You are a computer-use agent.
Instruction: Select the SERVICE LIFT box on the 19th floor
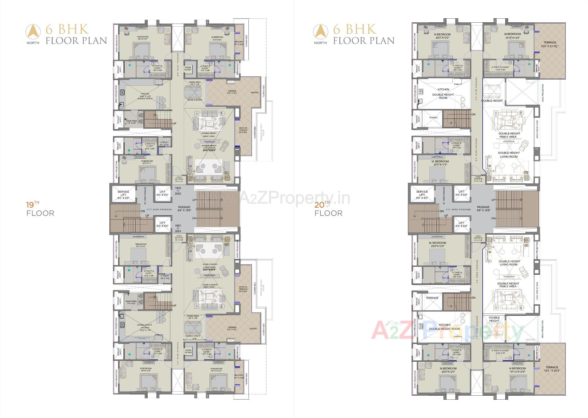pos(123,195)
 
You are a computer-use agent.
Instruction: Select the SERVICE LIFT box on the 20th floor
pos(422,195)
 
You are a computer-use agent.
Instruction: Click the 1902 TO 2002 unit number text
pos(178,191)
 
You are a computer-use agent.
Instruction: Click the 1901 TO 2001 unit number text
pos(178,228)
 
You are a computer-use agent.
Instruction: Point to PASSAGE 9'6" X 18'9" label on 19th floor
pos(184,209)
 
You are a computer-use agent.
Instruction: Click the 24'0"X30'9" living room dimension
pos(209,270)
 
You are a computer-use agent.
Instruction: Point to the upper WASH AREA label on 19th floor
pos(131,122)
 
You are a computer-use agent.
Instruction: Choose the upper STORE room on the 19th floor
pos(188,69)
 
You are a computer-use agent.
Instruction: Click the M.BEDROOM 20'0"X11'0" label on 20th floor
pos(440,163)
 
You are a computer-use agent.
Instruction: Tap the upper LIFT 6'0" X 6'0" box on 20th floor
pos(461,193)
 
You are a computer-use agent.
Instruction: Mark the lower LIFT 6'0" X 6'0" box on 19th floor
pos(162,224)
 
